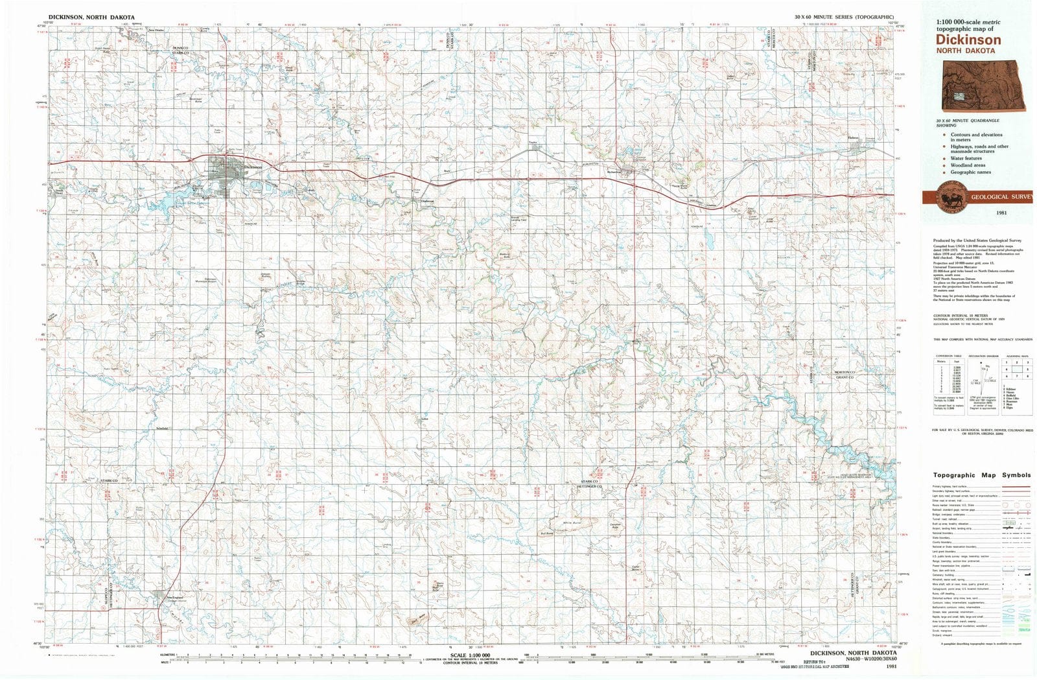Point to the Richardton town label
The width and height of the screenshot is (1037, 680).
(x=614, y=172)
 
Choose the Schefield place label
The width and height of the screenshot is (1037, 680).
(x=162, y=428)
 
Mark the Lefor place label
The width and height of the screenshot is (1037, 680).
(x=425, y=419)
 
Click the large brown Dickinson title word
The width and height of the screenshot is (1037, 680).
(x=968, y=40)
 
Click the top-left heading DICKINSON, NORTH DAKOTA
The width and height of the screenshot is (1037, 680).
(x=91, y=18)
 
